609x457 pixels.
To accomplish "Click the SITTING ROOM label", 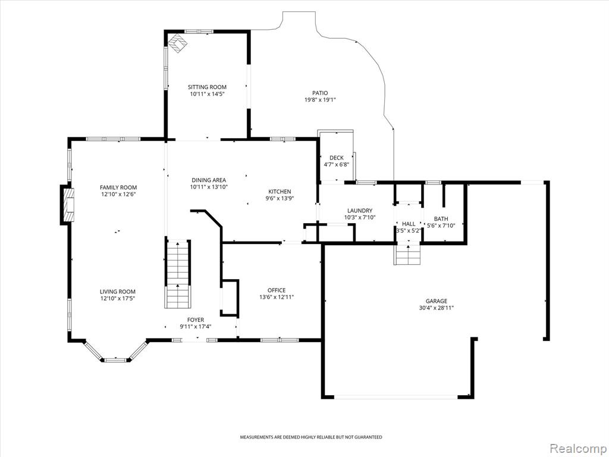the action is [207, 87].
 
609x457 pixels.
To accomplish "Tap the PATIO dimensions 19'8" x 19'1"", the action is [319, 100].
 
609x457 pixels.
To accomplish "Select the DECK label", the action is [337, 158].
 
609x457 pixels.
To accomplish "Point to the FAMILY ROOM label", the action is [118, 187].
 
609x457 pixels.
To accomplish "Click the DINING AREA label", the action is [209, 180].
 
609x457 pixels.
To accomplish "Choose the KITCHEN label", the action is [280, 192].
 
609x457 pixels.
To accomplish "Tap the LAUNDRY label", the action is [360, 211].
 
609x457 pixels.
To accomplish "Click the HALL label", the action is [409, 224].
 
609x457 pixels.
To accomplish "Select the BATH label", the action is [441, 219].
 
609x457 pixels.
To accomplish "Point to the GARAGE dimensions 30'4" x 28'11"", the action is [436, 308].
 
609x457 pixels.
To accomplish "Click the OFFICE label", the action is [277, 290].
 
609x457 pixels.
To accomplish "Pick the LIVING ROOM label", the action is [118, 292].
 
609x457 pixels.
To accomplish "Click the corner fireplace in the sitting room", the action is [177, 42].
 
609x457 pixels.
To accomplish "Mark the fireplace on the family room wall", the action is [67, 205].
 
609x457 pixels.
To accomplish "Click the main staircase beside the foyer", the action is [178, 274].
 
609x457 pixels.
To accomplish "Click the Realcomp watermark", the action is [577, 448].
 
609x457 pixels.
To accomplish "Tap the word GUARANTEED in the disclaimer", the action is [369, 437].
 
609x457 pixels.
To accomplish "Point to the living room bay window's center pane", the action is [116, 360].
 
